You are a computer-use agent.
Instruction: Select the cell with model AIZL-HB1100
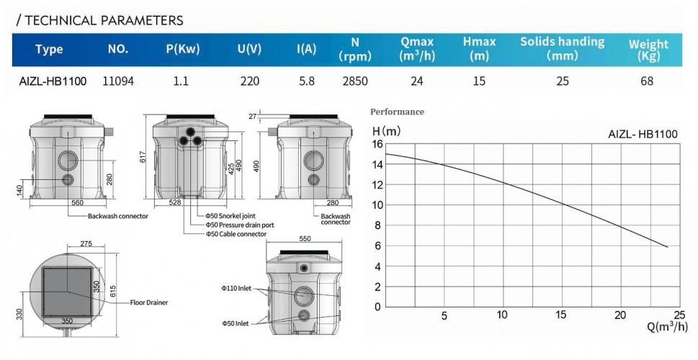[x=52, y=81]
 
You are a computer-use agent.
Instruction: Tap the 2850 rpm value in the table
[x=354, y=81]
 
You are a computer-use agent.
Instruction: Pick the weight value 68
[x=646, y=81]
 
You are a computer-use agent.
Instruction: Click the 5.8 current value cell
[x=306, y=81]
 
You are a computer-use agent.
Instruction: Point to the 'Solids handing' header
[x=563, y=42]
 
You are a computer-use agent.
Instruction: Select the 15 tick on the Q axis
[x=561, y=315]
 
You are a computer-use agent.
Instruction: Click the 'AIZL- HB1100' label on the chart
[x=643, y=134]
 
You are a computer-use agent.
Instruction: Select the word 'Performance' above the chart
[x=397, y=112]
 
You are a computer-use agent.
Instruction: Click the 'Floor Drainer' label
[x=149, y=302]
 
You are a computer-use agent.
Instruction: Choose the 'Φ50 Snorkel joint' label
[x=231, y=215]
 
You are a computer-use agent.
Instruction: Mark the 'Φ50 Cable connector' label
[x=236, y=233]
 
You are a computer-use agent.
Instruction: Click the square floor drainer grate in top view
[x=68, y=292]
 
